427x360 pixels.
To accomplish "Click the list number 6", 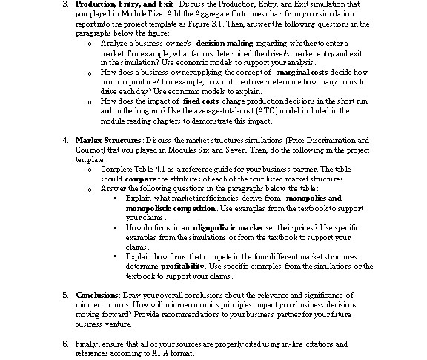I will pyautogui.click(x=65, y=344).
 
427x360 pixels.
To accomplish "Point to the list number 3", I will pyautogui.click(x=65, y=4).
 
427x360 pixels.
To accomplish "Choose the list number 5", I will pyautogui.click(x=65, y=295).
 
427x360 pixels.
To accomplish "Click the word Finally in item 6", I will pyautogui.click(x=87, y=344).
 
